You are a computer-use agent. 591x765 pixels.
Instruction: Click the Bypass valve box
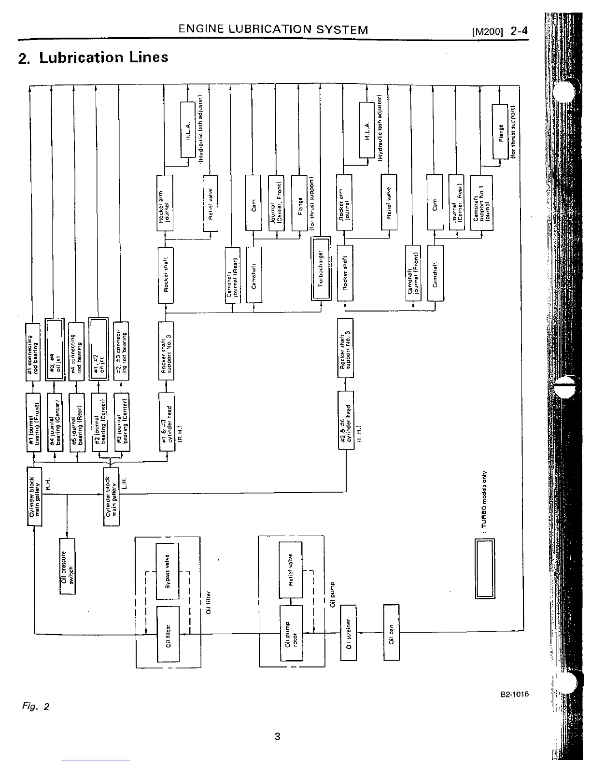pyautogui.click(x=167, y=571)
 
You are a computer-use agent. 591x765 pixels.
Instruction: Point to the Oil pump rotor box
pyautogui.click(x=291, y=633)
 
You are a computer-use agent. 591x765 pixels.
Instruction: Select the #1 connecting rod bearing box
pyautogui.click(x=33, y=351)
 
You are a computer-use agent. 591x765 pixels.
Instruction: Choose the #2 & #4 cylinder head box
pyautogui.click(x=346, y=420)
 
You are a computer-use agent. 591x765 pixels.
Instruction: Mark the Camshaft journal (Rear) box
pyautogui.click(x=232, y=275)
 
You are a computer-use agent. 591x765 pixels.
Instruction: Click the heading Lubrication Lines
pyautogui.click(x=103, y=57)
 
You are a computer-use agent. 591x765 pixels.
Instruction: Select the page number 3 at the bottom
pyautogui.click(x=277, y=737)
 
